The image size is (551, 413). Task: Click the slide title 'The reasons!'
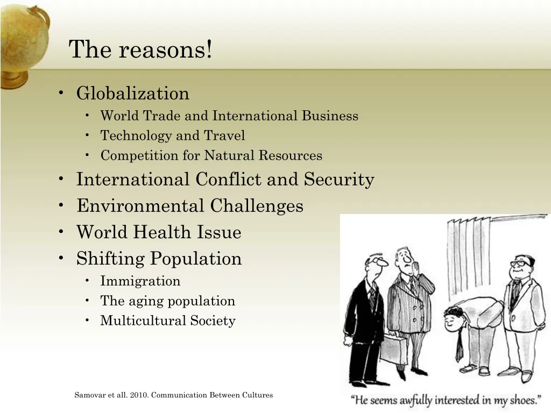[x=140, y=50]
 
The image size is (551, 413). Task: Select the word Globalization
[x=132, y=94]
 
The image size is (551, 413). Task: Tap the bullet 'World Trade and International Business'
[x=229, y=116]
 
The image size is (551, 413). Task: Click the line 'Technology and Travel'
[x=172, y=136]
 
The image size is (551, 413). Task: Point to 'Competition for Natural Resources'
[x=211, y=156]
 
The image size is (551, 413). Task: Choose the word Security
[x=339, y=180]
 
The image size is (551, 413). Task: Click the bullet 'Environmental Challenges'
[x=189, y=206]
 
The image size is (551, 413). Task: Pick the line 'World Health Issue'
[x=158, y=232]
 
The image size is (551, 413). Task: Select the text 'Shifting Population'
[x=159, y=259]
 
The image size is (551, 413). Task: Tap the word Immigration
[x=140, y=281]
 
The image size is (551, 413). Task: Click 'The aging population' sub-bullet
[x=167, y=301]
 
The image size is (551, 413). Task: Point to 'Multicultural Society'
[x=167, y=321]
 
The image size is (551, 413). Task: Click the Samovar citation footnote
[x=173, y=395]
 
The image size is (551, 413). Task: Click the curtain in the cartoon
[x=468, y=258]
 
